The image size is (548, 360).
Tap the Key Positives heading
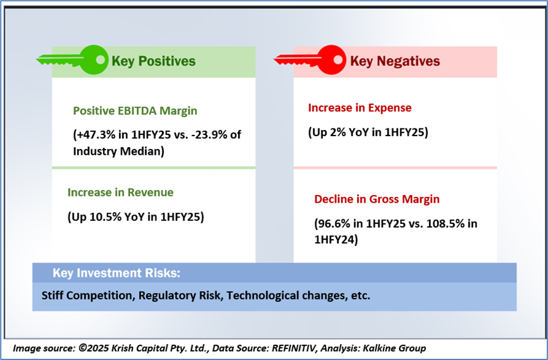[x=153, y=61]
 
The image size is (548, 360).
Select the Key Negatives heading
[x=395, y=61]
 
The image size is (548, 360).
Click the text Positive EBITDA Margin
[x=136, y=111]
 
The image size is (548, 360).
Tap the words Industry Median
[x=117, y=151]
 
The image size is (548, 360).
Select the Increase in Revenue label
[x=121, y=192]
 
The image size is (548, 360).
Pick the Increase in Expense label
[x=359, y=108]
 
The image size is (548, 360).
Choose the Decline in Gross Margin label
[x=377, y=199]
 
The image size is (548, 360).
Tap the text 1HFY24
[x=335, y=240]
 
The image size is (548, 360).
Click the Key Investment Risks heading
[x=117, y=273]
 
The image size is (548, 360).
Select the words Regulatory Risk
[x=180, y=296]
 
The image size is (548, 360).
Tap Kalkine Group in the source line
[x=394, y=348]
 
